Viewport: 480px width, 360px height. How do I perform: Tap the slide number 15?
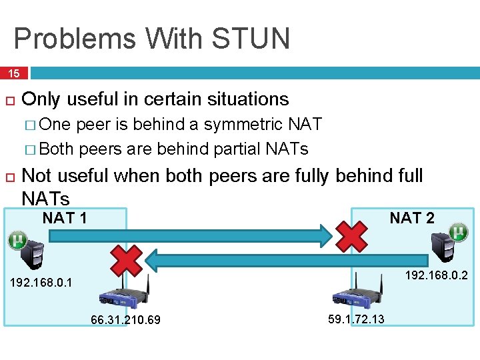(14, 73)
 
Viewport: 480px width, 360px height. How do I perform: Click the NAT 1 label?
(65, 218)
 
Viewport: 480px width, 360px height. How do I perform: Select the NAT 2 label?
(412, 218)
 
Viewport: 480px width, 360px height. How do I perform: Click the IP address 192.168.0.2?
(437, 275)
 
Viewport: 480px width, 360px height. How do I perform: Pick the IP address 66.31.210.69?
(125, 320)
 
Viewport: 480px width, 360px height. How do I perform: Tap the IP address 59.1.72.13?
(357, 319)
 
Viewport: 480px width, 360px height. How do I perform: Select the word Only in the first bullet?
(41, 99)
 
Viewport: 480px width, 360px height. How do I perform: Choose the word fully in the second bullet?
(313, 176)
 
